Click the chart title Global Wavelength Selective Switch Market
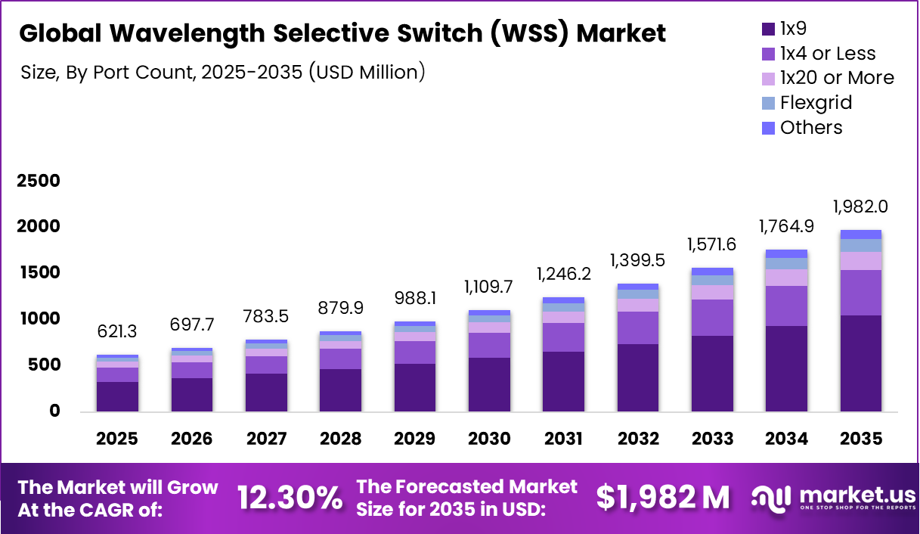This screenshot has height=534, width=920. (342, 33)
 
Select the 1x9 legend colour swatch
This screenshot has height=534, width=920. (768, 29)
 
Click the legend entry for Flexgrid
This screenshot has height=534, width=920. (815, 103)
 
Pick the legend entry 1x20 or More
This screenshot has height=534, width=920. (836, 78)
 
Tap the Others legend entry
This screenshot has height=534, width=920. (810, 127)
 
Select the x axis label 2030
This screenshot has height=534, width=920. (489, 439)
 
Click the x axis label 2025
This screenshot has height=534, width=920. (117, 439)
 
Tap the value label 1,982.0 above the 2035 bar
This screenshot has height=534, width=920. (860, 206)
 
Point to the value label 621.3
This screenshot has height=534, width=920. (117, 332)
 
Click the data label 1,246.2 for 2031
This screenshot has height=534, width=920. (563, 275)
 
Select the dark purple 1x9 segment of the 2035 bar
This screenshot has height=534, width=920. (860, 363)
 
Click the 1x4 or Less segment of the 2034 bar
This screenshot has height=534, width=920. (786, 306)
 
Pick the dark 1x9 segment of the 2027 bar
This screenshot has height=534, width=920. (266, 392)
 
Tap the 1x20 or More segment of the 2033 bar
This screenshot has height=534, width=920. (712, 292)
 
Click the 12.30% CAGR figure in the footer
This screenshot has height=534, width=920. (290, 498)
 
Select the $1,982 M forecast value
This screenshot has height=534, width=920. (663, 498)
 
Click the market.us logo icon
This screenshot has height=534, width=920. (770, 497)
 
